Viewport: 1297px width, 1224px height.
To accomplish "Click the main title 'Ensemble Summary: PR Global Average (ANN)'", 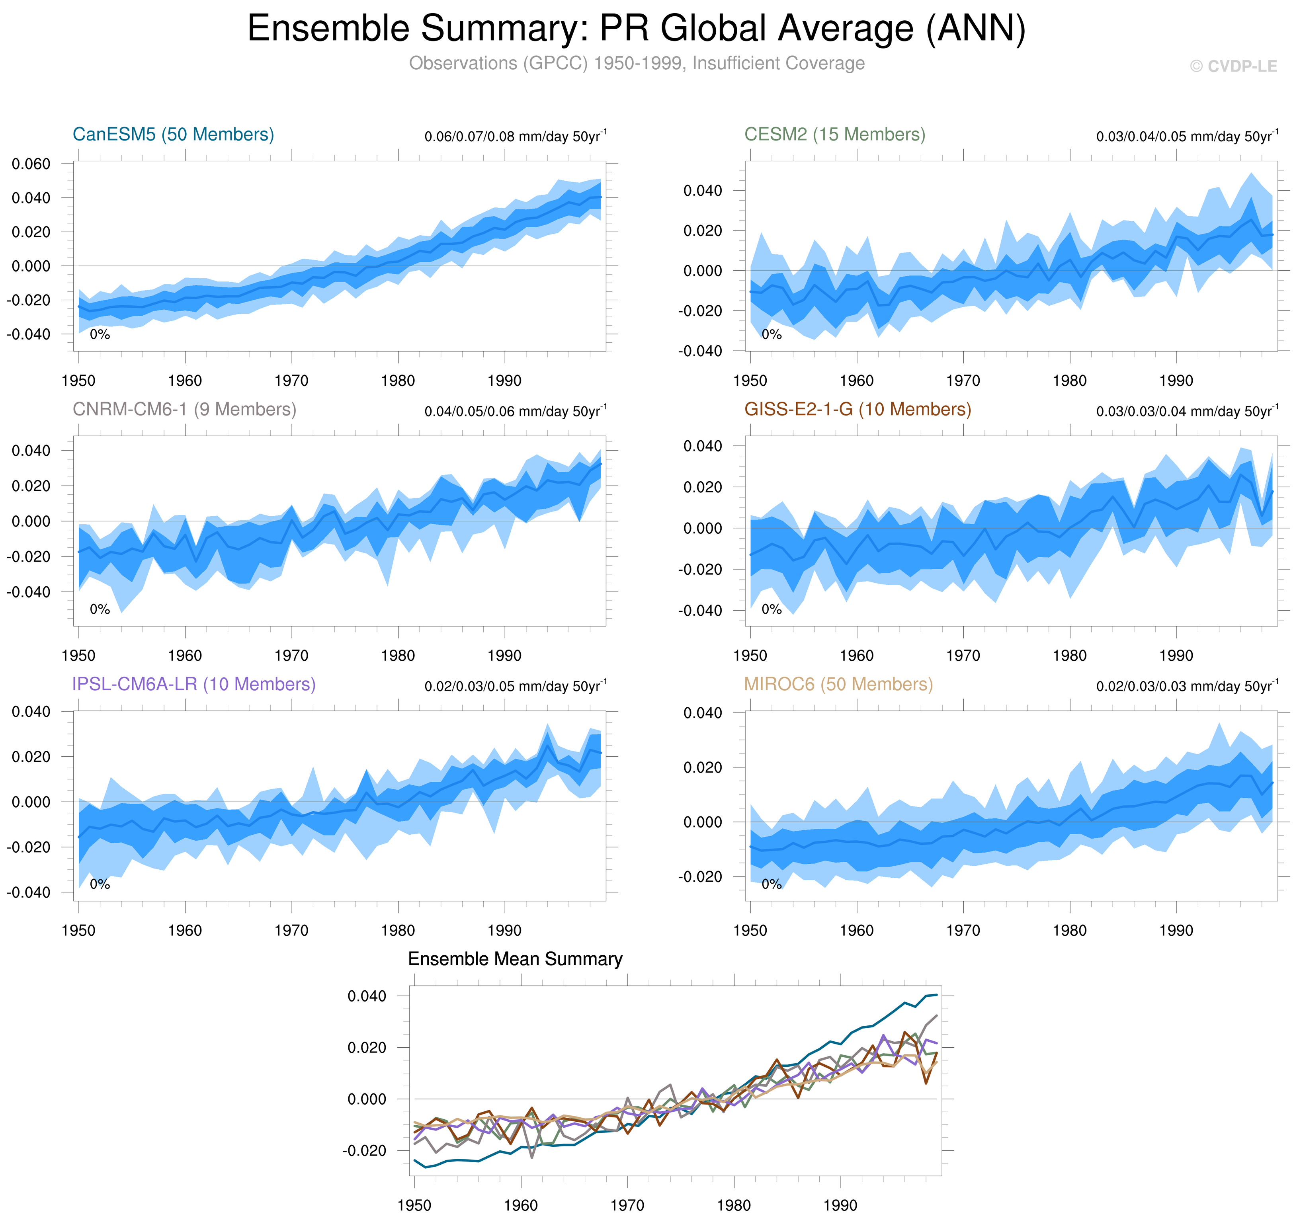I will pos(636,29).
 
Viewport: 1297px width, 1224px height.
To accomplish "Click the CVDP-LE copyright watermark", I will pos(1233,66).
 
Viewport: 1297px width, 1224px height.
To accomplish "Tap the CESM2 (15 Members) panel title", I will pos(834,135).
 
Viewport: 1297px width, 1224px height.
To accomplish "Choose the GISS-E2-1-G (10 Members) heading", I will pos(857,409).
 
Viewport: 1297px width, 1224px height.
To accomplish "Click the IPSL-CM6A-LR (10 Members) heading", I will pos(194,684).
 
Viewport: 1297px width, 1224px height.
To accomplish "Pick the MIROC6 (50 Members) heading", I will pos(838,684).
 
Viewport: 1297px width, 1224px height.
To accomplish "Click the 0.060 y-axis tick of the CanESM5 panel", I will pos(31,164).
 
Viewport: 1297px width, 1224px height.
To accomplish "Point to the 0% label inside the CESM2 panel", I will pos(771,335).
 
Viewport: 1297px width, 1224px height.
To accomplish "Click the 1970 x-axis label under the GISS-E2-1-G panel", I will pos(963,656).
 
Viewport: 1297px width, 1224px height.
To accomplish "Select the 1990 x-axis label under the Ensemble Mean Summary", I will pos(840,1205).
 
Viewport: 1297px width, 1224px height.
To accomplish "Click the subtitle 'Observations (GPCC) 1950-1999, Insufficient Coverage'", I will pos(636,63).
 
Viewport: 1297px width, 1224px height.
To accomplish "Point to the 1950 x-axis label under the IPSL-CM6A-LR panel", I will pos(78,930).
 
